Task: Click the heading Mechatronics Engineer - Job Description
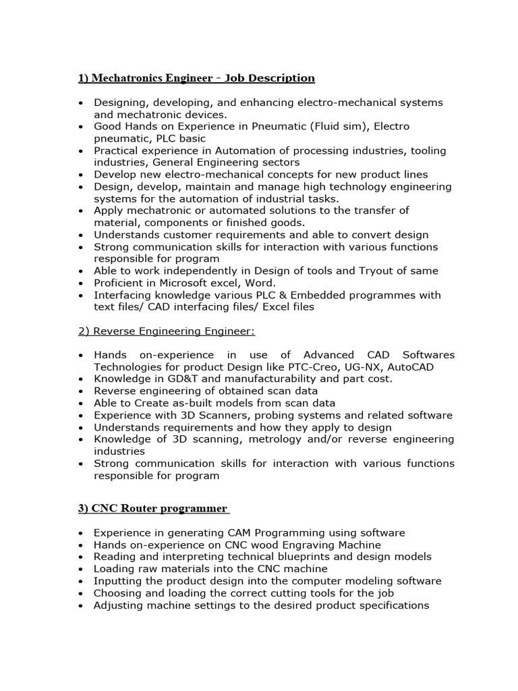pyautogui.click(x=196, y=78)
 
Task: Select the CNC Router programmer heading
pyautogui.click(x=154, y=508)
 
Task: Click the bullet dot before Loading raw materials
pyautogui.click(x=82, y=570)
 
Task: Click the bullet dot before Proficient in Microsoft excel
pyautogui.click(x=82, y=283)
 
